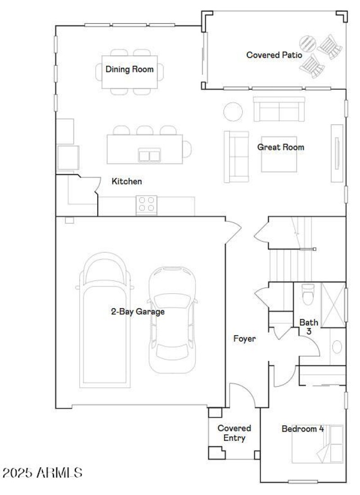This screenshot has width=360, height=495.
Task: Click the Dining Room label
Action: click(x=130, y=69)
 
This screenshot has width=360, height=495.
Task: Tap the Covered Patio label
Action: click(x=274, y=55)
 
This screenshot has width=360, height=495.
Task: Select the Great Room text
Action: click(x=281, y=147)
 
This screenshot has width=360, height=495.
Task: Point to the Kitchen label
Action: click(x=127, y=182)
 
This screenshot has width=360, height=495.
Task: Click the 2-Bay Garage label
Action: click(x=138, y=311)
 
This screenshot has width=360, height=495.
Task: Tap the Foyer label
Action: click(x=244, y=339)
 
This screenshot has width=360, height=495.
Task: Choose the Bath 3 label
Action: click(x=309, y=327)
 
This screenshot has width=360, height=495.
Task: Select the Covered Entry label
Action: click(x=234, y=433)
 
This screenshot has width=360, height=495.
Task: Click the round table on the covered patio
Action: click(x=309, y=44)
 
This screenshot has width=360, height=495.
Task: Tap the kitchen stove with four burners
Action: click(x=147, y=204)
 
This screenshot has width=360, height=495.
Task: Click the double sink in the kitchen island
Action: click(x=149, y=155)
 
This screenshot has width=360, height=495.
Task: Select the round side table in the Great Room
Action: click(x=233, y=111)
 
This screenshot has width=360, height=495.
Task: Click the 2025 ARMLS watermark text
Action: click(x=42, y=473)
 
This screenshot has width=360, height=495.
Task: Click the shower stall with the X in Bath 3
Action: click(x=333, y=304)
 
